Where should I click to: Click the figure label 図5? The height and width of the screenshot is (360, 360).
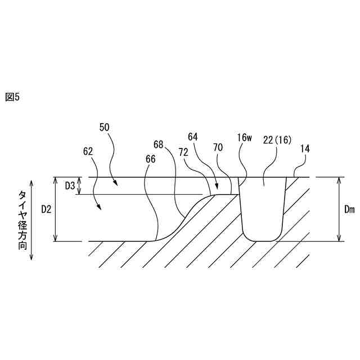coord(12,97)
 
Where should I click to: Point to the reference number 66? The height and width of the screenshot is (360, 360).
coord(150,159)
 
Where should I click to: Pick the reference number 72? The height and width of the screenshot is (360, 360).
coord(183,152)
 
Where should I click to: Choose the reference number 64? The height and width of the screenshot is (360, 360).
coord(193,137)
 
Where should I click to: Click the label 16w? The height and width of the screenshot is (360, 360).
coord(244,137)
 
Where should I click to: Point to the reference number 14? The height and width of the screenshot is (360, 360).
coord(305,149)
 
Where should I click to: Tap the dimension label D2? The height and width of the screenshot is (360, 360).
coord(47,209)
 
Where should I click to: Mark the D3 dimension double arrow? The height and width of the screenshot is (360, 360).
coord(79,186)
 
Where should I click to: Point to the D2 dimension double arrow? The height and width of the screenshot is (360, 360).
coord(56,209)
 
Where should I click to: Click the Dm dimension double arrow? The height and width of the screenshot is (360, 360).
coord(339,209)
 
